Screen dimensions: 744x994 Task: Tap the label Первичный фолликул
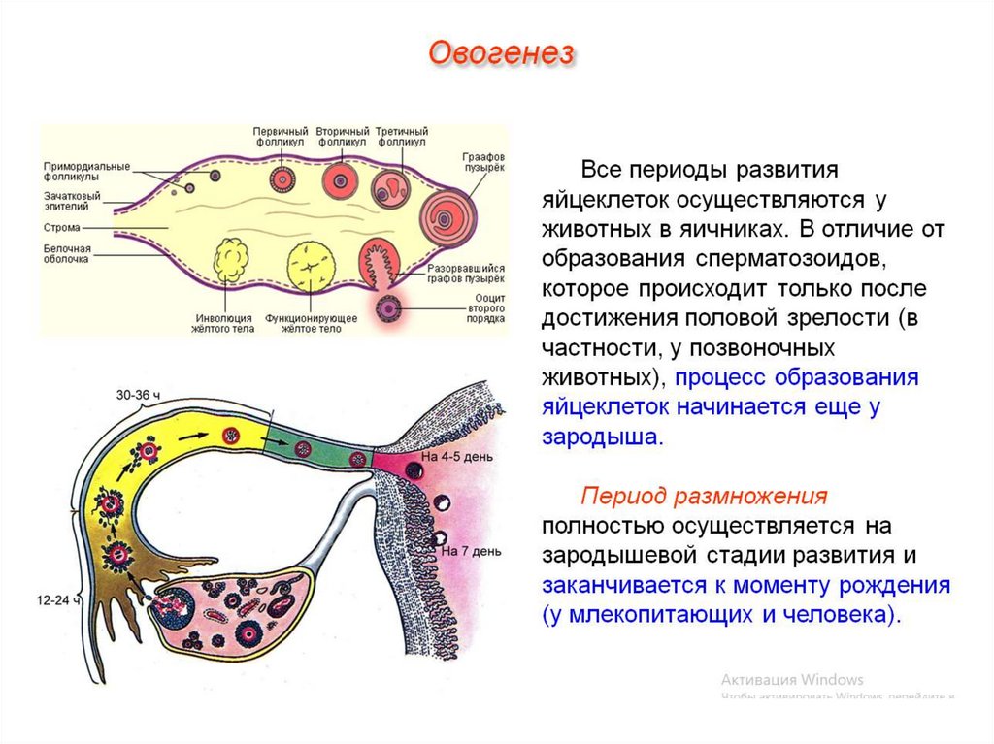pos(281,136)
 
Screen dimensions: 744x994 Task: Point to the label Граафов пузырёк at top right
pos(481,161)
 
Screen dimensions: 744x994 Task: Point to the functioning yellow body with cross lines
pos(312,264)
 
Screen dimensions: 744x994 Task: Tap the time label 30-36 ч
pos(140,395)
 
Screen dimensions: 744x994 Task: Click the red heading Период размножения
pos(704,497)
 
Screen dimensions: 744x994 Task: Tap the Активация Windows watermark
pos(792,679)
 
